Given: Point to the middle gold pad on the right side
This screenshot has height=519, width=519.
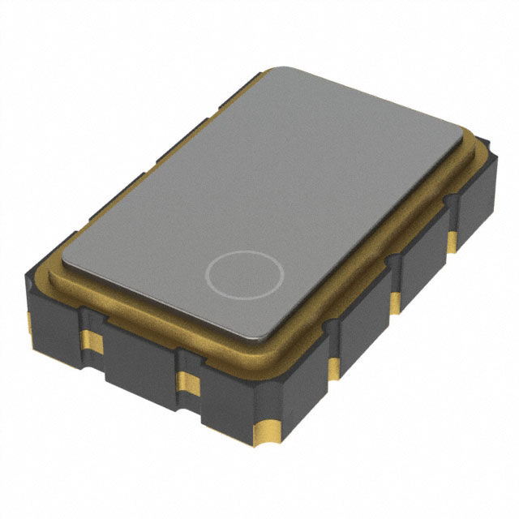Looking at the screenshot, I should click(x=395, y=300).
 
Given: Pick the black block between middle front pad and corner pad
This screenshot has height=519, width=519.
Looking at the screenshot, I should click(x=227, y=405).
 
